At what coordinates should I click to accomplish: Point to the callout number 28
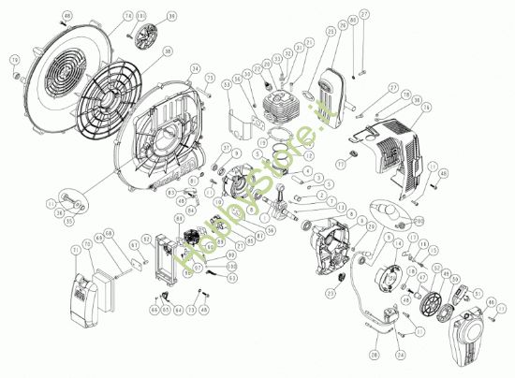click(374, 356)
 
